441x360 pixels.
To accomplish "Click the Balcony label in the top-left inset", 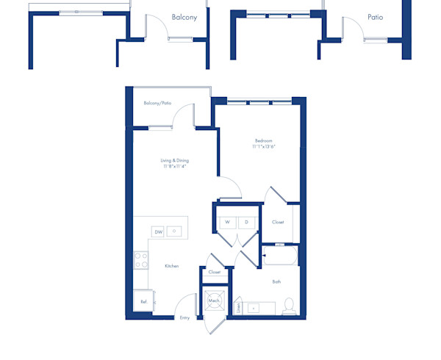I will click(184, 16).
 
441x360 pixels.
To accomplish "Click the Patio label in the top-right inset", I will click(375, 16).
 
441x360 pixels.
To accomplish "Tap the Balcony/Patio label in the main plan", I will click(157, 104).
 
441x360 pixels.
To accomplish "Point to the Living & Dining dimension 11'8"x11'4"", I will click(174, 167).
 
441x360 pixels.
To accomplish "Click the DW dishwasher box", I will click(158, 231).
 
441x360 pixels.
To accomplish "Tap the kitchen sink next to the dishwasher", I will click(175, 231).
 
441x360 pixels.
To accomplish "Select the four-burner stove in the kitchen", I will click(141, 259).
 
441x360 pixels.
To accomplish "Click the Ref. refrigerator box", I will click(143, 300).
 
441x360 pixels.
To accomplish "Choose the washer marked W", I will click(227, 221).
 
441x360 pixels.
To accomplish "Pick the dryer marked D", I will click(246, 221).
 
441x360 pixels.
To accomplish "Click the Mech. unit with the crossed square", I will click(214, 300).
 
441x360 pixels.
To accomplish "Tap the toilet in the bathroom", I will click(288, 305).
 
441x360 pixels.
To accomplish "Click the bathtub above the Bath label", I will click(279, 256).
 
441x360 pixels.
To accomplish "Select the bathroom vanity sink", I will click(255, 307).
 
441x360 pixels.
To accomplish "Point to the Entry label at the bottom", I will click(184, 318).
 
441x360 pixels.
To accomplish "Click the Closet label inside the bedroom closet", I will click(278, 222).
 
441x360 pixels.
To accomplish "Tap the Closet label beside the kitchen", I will click(214, 273).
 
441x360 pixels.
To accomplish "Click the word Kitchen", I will click(171, 266).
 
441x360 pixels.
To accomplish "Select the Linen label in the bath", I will click(239, 306).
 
